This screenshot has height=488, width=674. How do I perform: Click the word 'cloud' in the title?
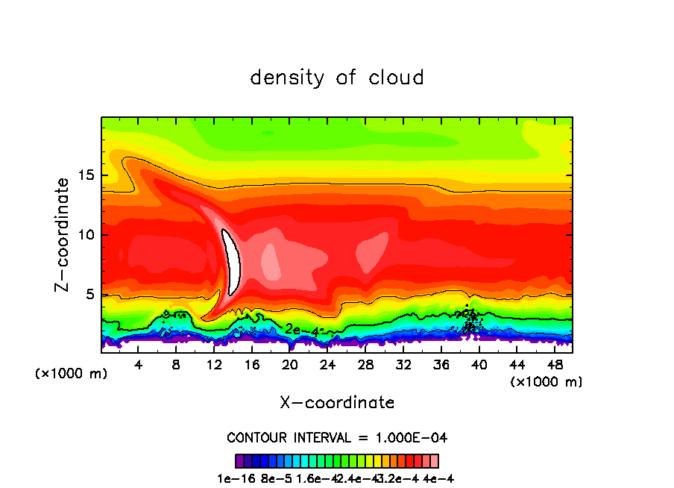tap(396, 77)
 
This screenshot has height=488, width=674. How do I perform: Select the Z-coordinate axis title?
tap(63, 234)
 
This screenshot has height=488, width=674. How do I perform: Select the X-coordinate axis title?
tap(337, 403)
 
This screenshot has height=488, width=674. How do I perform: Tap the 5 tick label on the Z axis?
tap(90, 294)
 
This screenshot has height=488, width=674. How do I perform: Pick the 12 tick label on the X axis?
tap(214, 365)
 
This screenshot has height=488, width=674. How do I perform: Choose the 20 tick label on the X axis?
tap(289, 365)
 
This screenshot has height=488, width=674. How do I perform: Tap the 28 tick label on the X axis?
tap(365, 365)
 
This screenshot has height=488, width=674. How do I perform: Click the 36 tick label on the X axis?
tap(441, 365)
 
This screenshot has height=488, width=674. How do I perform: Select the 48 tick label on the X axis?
tap(553, 365)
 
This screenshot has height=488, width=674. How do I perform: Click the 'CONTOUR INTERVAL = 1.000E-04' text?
tap(337, 437)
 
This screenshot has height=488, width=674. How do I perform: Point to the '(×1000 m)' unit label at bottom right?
tap(546, 382)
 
